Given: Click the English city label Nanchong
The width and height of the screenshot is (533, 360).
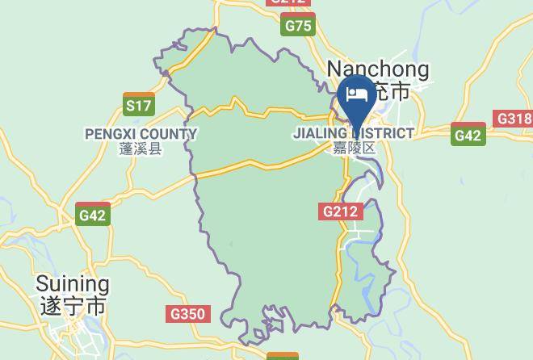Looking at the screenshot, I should pyautogui.click(x=377, y=69).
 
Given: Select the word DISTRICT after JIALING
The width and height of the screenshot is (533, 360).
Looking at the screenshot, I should pyautogui.click(x=384, y=133).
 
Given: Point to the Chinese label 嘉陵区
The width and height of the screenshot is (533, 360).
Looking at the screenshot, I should pyautogui.click(x=355, y=148).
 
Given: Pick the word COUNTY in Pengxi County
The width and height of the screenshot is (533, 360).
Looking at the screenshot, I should pyautogui.click(x=170, y=134).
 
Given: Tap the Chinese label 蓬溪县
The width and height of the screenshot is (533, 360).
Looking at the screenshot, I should pyautogui.click(x=141, y=149).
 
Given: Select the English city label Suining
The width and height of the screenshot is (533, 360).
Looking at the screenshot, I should pyautogui.click(x=73, y=284).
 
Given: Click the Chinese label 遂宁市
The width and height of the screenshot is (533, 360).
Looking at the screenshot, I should pyautogui.click(x=73, y=307).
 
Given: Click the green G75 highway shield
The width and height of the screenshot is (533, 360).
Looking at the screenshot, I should pyautogui.click(x=298, y=27).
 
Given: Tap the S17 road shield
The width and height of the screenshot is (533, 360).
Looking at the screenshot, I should pyautogui.click(x=139, y=105).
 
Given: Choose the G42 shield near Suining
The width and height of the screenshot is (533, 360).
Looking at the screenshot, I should pyautogui.click(x=93, y=215).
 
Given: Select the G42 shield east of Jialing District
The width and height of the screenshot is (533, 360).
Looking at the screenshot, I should pyautogui.click(x=468, y=135).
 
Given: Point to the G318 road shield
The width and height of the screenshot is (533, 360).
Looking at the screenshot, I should pyautogui.click(x=514, y=119).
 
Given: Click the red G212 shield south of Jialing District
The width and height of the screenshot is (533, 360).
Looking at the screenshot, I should pyautogui.click(x=341, y=211).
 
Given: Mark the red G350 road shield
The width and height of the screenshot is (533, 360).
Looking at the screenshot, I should pyautogui.click(x=189, y=314).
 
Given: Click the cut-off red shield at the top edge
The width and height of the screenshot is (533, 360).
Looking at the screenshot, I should pyautogui.click(x=288, y=2).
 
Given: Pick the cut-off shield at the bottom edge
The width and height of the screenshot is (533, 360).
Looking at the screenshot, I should pyautogui.click(x=282, y=356).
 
